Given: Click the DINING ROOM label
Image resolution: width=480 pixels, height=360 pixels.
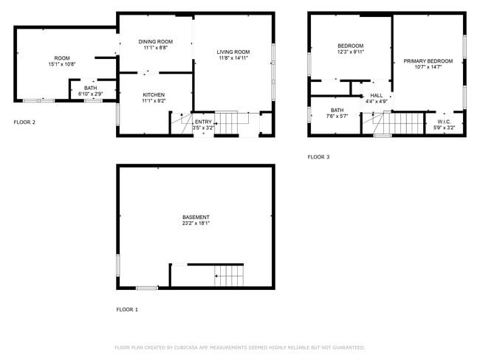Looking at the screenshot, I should point(155,41).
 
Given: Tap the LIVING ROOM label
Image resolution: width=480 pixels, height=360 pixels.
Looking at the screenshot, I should point(233,52).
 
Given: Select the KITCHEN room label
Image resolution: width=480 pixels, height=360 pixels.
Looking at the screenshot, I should point(154,94).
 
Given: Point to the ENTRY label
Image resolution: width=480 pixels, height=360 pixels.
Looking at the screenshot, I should point(203,122).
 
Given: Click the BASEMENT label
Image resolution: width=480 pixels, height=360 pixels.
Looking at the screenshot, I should point(196,217).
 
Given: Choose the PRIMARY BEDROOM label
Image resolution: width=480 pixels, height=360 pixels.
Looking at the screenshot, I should point(428,60).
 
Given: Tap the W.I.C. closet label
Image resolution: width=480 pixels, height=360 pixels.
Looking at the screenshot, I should point(444,122).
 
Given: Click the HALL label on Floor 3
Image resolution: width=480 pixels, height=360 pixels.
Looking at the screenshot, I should point(377,95).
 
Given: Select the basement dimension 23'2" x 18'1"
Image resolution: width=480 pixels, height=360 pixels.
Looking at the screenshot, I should point(196,224).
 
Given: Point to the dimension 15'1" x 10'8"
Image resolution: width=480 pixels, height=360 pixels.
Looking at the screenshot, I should point(62,64).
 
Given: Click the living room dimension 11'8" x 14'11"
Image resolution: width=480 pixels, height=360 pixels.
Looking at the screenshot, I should point(233,58).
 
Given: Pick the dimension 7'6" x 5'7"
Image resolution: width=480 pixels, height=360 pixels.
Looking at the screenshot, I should point(337,116).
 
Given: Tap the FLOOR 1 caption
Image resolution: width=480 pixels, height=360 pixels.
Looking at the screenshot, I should point(127,309).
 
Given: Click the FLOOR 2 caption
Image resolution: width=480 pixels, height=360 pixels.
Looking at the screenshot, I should point(24,122).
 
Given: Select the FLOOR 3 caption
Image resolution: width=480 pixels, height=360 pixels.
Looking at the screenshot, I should point(319,156).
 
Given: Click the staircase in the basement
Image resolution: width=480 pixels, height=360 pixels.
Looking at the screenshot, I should point(229,277).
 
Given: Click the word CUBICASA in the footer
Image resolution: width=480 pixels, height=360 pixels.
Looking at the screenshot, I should point(185,347).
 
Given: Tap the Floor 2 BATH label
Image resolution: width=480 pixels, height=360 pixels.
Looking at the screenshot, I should point(89,88).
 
